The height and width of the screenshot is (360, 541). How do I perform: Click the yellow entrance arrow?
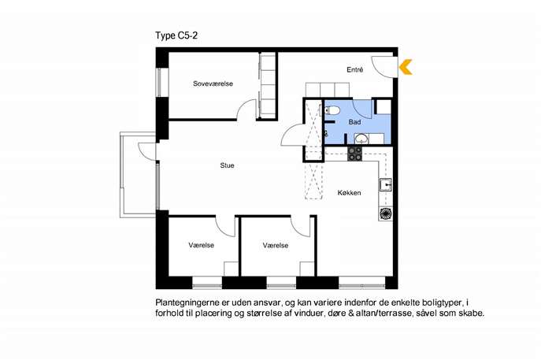point(406,67)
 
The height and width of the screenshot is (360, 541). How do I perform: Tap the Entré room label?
point(354,70)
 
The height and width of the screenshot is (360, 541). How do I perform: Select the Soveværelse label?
point(213,84)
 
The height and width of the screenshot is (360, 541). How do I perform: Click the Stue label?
point(227,165)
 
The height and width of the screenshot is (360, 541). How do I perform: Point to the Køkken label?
point(349,193)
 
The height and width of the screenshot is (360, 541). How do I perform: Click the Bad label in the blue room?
point(354,122)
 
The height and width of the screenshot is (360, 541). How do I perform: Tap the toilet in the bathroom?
point(332,110)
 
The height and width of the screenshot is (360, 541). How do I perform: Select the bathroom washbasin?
point(361,139)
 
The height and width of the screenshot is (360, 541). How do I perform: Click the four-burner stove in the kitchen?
point(354,154)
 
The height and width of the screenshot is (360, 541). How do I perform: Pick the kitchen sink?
point(386,184)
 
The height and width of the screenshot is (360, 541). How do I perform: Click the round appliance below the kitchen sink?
point(386,213)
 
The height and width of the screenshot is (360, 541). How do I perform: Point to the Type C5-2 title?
point(176,36)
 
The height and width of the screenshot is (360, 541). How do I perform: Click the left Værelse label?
point(201,246)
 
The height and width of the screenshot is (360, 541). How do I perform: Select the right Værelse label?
point(276,246)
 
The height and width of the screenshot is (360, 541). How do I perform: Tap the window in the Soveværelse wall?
point(159,83)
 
